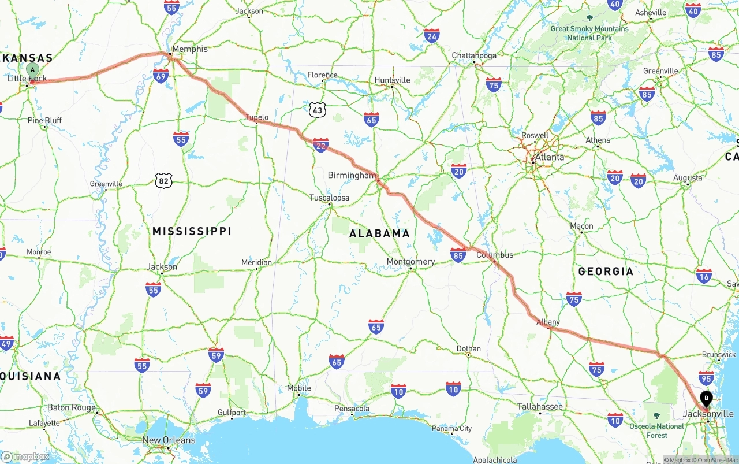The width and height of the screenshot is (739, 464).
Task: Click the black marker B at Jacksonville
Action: [x=706, y=398]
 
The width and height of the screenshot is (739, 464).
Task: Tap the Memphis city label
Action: [x=190, y=49]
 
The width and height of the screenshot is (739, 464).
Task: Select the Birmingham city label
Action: [x=352, y=175]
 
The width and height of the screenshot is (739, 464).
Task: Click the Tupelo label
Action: [x=257, y=117]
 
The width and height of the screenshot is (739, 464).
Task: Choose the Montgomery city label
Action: [x=410, y=262]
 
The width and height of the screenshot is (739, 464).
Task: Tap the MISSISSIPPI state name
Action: [x=192, y=231]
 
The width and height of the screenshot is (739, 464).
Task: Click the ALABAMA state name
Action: [x=379, y=233]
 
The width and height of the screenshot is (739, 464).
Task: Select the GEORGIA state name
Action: [x=606, y=271]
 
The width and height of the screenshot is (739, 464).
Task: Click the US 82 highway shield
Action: [x=164, y=181]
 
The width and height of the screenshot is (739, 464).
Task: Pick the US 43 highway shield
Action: [x=317, y=110]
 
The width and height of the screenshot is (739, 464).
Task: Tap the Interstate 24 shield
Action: [x=432, y=36]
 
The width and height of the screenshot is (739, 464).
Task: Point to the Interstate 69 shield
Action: [x=161, y=75]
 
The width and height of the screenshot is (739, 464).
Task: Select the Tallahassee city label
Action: [x=540, y=407]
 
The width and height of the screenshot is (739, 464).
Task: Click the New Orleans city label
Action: [x=169, y=440]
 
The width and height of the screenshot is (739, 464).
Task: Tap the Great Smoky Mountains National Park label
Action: [x=589, y=33]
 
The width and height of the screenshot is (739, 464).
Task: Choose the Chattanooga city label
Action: [x=474, y=56]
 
